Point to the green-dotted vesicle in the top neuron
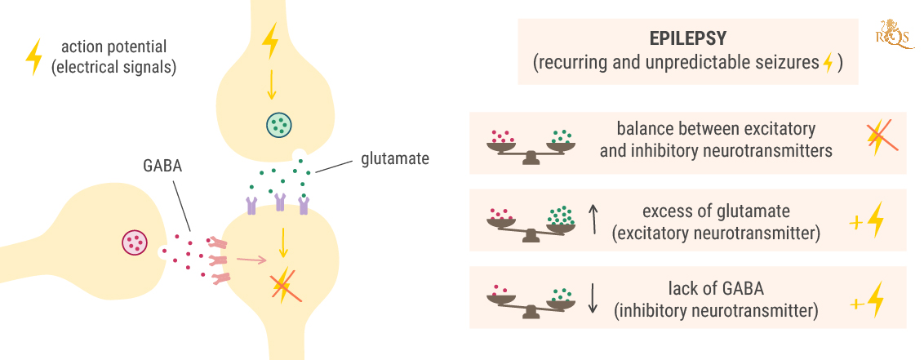(279, 125)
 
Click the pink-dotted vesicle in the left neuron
(135, 242)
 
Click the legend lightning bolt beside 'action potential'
(33, 58)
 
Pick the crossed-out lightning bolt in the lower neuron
(283, 286)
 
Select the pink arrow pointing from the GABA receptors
(251, 260)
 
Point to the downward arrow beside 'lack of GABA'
(593, 299)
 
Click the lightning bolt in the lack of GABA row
(875, 300)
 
